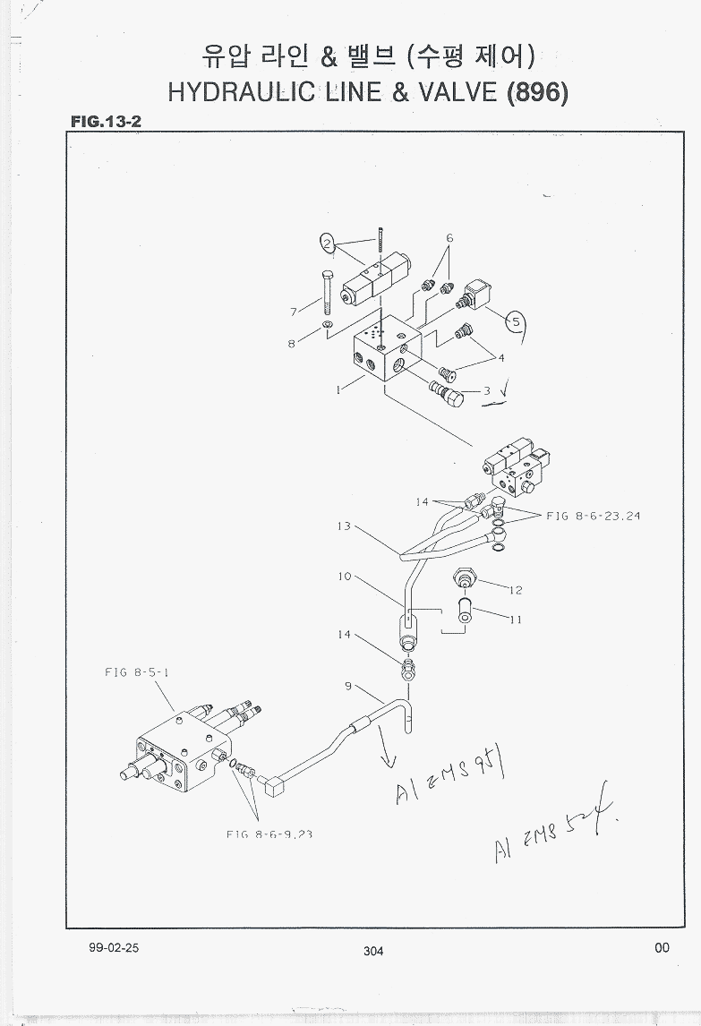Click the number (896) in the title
tap(537, 93)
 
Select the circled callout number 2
tap(329, 242)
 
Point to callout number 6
tap(449, 238)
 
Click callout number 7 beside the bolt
tap(293, 312)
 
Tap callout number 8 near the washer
tap(292, 345)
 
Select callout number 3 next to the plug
tap(487, 390)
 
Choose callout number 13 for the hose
tap(344, 526)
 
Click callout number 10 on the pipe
tap(345, 577)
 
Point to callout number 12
tap(516, 590)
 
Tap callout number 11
tap(516, 619)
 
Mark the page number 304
tap(373, 951)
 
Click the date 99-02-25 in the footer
tap(114, 948)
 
